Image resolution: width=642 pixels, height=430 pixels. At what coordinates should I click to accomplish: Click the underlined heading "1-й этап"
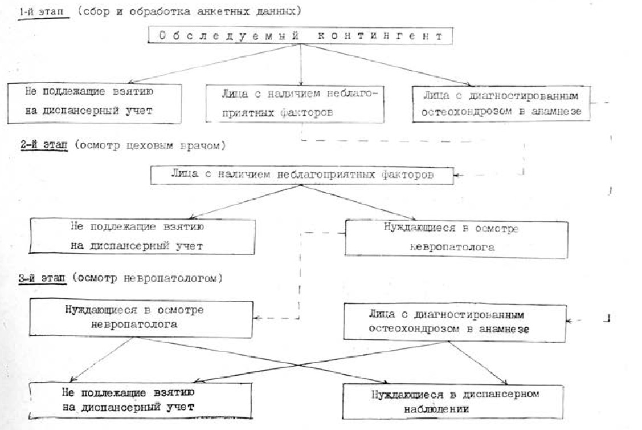pyautogui.click(x=43, y=12)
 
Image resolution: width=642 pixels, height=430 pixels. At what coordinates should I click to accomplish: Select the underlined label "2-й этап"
pyautogui.click(x=43, y=146)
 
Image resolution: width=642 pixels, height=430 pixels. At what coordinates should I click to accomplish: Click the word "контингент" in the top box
pyautogui.click(x=379, y=36)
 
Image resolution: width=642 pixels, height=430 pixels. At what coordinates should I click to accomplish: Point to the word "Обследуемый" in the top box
pyautogui.click(x=228, y=36)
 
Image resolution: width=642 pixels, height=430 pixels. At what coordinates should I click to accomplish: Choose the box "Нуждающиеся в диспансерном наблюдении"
pyautogui.click(x=453, y=401)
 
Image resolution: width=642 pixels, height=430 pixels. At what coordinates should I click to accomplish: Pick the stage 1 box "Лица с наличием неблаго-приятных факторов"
pyautogui.click(x=295, y=103)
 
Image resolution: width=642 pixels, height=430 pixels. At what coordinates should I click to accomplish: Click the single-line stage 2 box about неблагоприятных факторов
pyautogui.click(x=302, y=175)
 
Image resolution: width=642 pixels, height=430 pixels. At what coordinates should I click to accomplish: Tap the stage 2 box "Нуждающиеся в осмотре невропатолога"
pyautogui.click(x=456, y=239)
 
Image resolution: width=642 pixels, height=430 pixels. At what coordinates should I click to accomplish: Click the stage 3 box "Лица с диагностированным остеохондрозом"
pyautogui.click(x=455, y=322)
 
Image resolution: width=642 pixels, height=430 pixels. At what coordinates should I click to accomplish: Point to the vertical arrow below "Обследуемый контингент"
pyautogui.click(x=301, y=64)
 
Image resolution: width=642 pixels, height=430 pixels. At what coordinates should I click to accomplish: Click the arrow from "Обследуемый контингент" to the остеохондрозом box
pyautogui.click(x=387, y=64)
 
